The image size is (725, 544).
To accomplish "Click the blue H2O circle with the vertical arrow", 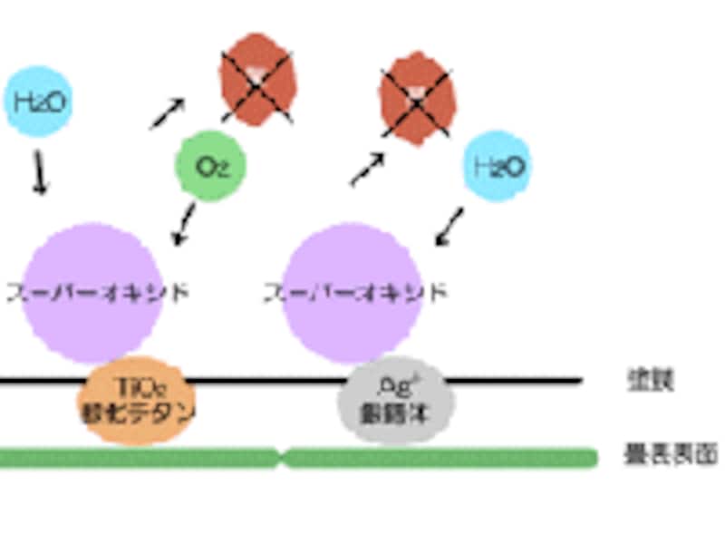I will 37,101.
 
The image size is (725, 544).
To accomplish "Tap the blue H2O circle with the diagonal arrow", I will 497,165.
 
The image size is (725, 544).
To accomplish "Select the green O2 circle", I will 209,166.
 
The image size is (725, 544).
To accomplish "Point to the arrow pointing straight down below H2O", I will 40,172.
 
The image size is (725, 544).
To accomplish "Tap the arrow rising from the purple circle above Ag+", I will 367,170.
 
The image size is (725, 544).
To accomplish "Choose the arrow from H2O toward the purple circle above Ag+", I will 449,228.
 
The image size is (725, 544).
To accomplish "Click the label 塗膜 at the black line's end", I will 650,380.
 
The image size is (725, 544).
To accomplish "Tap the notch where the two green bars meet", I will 281,457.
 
